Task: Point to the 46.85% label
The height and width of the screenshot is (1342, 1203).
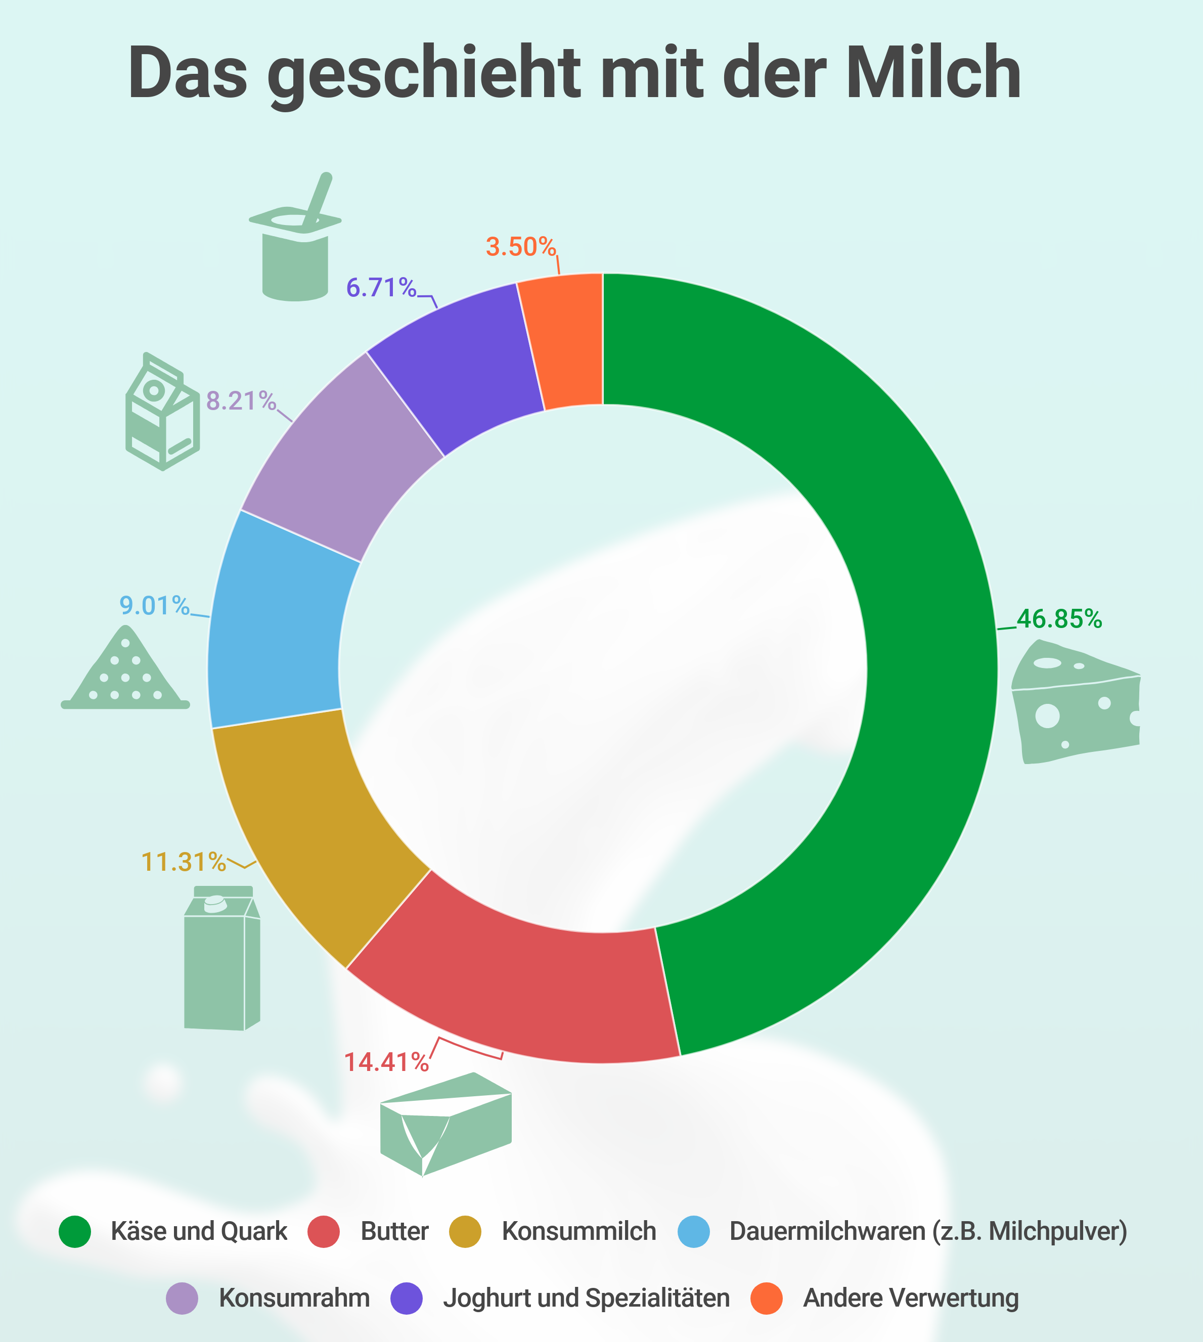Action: pyautogui.click(x=1059, y=619)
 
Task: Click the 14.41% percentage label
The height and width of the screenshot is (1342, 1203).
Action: pyautogui.click(x=386, y=1062)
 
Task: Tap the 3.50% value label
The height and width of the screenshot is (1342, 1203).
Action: pyautogui.click(x=521, y=247)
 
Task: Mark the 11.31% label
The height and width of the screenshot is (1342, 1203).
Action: pyautogui.click(x=184, y=862)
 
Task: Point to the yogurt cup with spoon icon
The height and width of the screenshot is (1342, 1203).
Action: pyautogui.click(x=295, y=245)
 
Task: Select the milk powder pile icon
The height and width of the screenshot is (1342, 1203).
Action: pyautogui.click(x=125, y=671)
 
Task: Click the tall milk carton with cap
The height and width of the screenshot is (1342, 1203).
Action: pyautogui.click(x=221, y=959)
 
